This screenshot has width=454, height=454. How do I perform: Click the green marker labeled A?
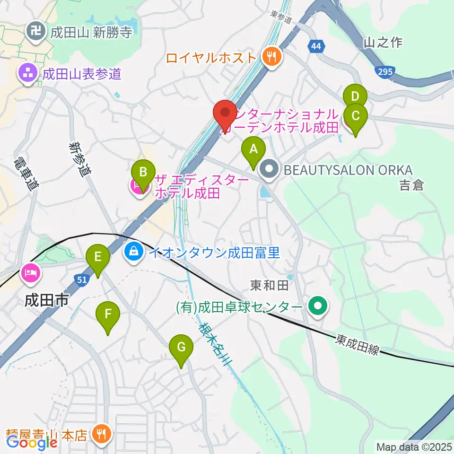pos(253,150)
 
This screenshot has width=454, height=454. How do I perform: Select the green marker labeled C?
pos(356,116)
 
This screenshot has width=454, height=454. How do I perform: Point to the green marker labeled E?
pos(98,257)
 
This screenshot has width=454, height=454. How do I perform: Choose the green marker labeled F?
pos(108,314)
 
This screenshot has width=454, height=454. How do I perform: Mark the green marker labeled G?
pos(181,348)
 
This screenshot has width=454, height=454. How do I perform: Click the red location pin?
pos(226,113)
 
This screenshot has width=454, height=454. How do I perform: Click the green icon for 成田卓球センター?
pos(318,307)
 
